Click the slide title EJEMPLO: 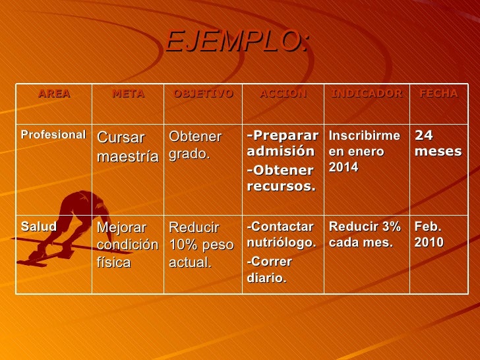tap(237, 42)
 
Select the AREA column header tap(54, 94)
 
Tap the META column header tap(128, 94)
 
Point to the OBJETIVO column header tap(203, 94)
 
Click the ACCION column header tap(283, 94)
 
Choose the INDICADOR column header tap(367, 94)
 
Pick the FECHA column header tap(438, 94)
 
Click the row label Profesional tap(53, 135)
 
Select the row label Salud tap(38, 227)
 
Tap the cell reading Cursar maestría tap(128, 147)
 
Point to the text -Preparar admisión tap(282, 143)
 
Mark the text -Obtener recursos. tap(281, 178)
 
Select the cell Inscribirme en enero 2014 tap(365, 151)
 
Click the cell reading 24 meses tap(438, 143)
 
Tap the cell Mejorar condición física tap(128, 245)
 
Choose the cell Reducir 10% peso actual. tap(201, 245)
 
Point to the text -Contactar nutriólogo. tap(282, 234)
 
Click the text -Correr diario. tap(270, 269)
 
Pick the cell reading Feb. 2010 tap(429, 234)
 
